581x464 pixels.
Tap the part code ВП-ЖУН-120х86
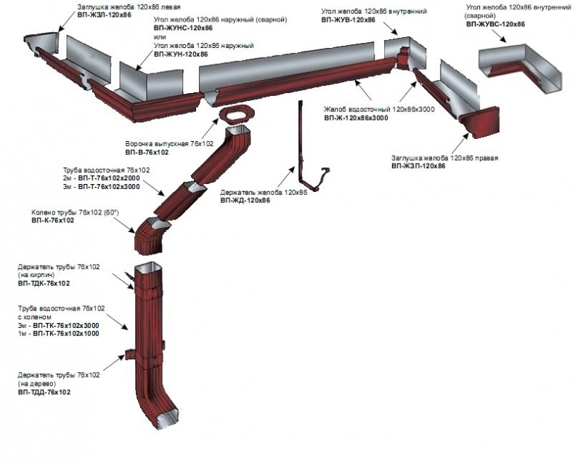click(180, 54)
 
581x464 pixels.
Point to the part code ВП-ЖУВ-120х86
click(348, 21)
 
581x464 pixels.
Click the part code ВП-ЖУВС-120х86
click(495, 24)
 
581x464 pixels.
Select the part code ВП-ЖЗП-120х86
click(418, 166)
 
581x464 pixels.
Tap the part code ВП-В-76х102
click(146, 153)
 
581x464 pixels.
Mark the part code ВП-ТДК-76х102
click(44, 283)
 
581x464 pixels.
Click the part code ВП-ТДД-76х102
click(44, 392)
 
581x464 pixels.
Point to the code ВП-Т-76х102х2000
click(115, 178)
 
